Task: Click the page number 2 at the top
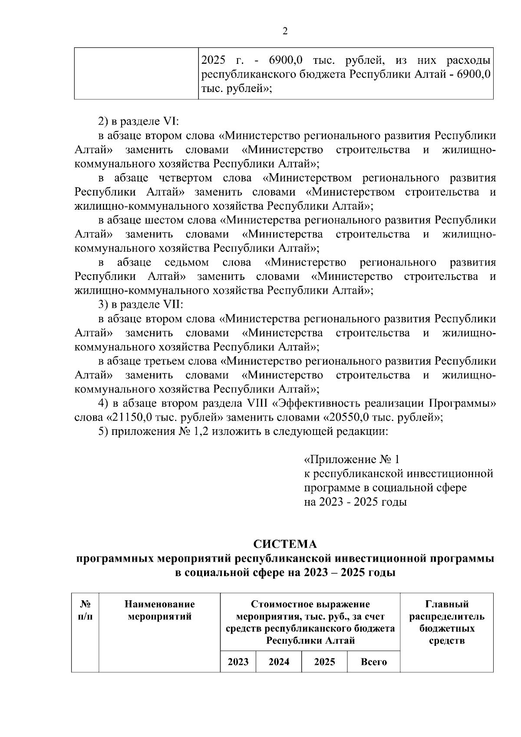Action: click(285, 31)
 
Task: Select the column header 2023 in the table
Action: click(238, 662)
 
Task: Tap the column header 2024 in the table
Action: click(279, 662)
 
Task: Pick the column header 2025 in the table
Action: click(324, 662)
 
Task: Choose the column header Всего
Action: click(373, 662)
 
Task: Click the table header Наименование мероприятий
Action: click(160, 610)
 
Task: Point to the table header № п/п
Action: click(86, 610)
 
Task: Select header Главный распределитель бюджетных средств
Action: click(447, 622)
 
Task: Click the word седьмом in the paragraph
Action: click(187, 263)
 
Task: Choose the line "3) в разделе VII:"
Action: click(141, 305)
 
